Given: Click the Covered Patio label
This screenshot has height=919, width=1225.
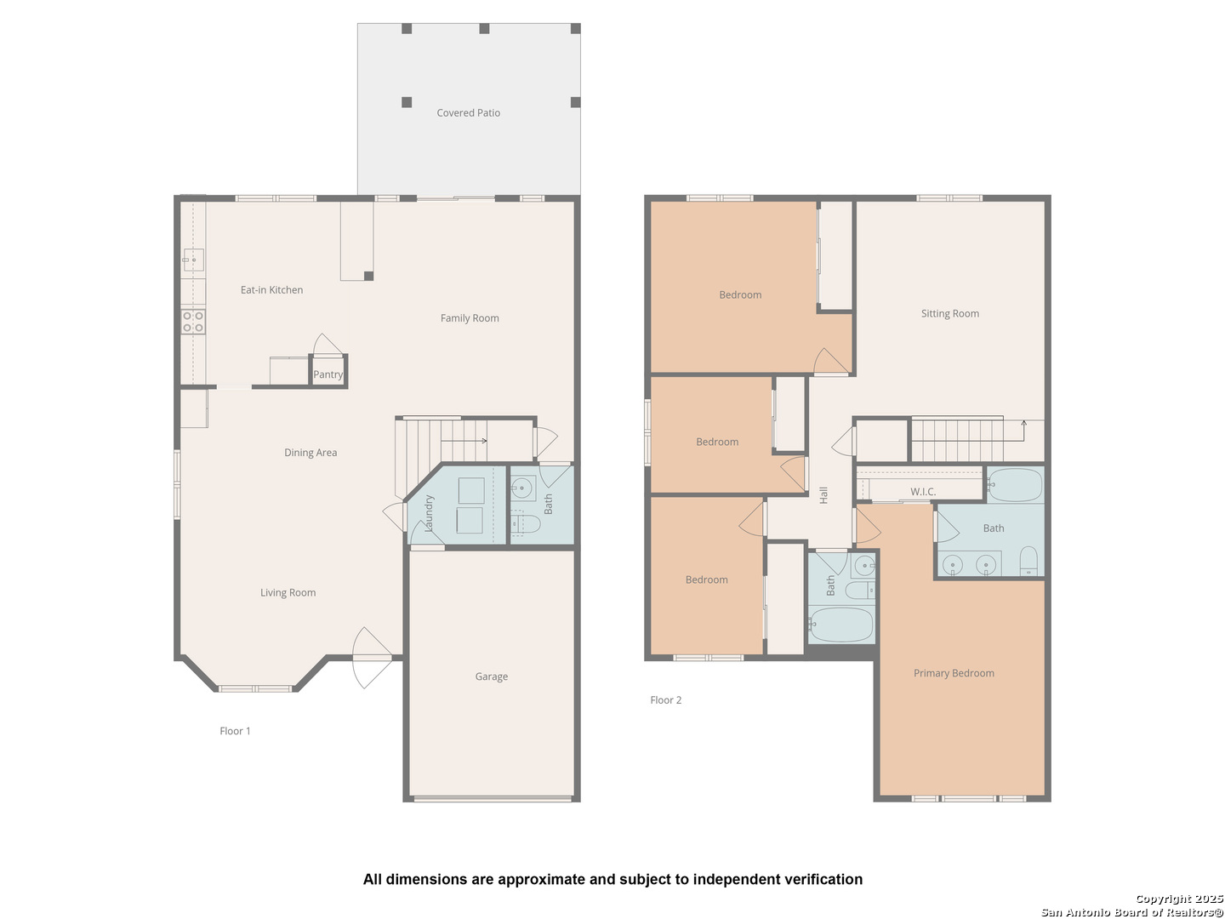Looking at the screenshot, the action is point(468,112).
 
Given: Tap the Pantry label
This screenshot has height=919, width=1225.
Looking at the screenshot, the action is point(328,374).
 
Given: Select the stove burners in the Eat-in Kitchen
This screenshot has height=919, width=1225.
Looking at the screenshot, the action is point(192,322).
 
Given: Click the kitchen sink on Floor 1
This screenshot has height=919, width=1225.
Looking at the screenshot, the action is point(194,260).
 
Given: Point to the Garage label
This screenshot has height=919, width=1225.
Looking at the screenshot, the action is point(491,676).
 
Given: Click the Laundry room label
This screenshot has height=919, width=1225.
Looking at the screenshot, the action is point(429,513).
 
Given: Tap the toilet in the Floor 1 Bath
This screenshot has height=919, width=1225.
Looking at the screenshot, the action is point(525,524).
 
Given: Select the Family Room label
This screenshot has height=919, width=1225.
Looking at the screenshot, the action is point(470,318).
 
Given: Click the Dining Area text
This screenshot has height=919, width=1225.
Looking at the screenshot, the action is point(311,453).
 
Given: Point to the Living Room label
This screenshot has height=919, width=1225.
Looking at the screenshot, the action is point(288,592).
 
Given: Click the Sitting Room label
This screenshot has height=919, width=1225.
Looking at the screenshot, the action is point(950,314).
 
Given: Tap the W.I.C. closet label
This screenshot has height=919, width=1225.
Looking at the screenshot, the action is point(923,492).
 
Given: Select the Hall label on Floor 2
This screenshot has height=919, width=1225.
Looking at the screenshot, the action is point(823,495).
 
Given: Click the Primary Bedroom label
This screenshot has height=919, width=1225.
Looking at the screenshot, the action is point(954,673).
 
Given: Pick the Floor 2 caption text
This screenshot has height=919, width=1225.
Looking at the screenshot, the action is point(666,699).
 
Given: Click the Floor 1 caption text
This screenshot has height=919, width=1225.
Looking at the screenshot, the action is point(235,731).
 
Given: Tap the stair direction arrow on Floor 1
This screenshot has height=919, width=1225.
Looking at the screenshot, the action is point(464,441).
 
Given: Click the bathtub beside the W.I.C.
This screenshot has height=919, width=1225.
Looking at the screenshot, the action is point(1015,485).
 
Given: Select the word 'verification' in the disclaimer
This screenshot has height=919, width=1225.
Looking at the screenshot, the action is point(823,879).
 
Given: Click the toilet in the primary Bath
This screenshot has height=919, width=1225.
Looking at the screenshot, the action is point(1028,561).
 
